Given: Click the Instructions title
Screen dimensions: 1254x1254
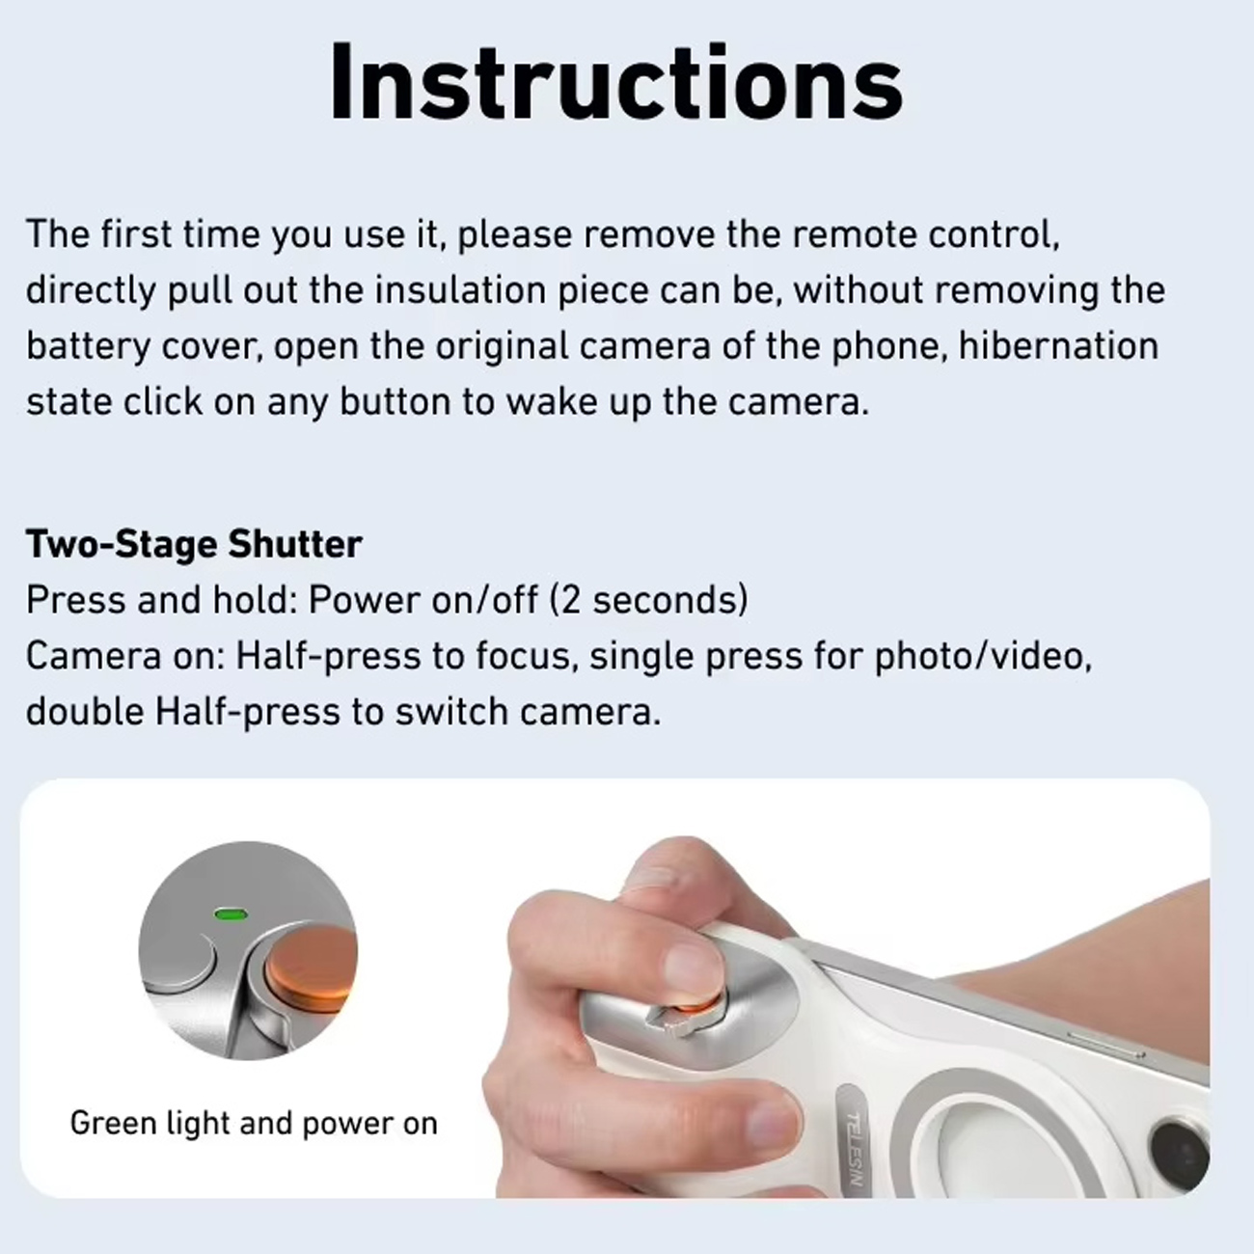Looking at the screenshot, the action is coord(615,83).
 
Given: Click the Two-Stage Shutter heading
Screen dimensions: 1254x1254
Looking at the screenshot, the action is coord(194,544).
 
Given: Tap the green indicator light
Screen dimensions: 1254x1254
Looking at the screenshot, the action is coord(232,915).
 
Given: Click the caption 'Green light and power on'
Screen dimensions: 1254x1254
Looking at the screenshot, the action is coord(254,1123).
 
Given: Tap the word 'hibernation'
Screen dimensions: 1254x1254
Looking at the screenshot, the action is coord(1058,345).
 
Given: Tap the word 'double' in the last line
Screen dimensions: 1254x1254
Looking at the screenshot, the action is coord(85,711).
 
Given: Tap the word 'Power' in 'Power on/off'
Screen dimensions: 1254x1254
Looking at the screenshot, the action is coord(365,600).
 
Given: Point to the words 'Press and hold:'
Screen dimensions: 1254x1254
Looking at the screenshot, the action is coord(161,601).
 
